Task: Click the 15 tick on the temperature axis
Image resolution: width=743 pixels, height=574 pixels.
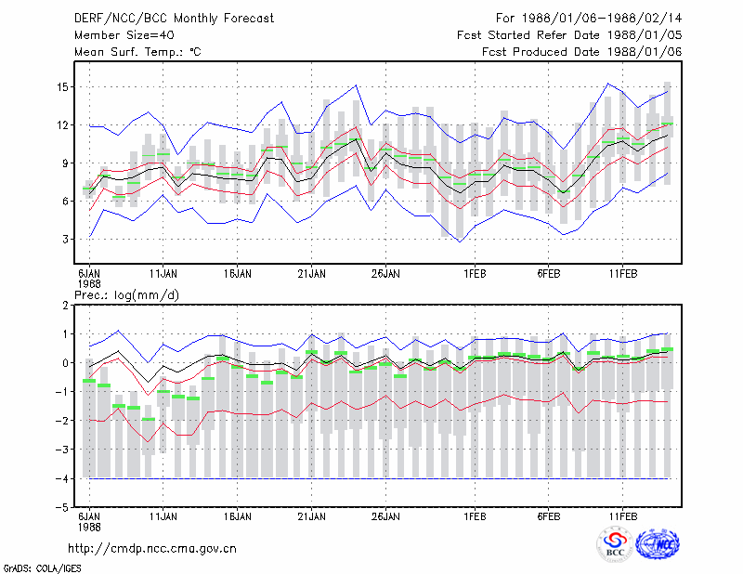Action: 62,87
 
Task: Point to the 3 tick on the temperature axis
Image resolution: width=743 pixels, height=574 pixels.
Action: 65,240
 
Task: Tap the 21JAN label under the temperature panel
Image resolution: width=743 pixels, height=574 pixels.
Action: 311,274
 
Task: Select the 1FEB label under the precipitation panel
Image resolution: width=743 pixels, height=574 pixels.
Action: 475,516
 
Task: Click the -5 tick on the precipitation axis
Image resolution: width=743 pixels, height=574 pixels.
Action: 61,507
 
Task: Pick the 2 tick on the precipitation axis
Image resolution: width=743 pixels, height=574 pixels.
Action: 65,306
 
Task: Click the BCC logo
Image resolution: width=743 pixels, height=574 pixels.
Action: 615,545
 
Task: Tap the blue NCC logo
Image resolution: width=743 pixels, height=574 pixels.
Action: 658,544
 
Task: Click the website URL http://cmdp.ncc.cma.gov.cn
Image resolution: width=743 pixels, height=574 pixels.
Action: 152,549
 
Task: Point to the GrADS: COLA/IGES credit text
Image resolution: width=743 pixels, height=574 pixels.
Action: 43,568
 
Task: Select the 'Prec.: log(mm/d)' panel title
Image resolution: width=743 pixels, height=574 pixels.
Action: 126,295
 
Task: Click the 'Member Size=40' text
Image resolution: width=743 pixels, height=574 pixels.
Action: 124,35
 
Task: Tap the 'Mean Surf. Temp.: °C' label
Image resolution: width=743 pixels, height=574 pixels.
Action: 137,52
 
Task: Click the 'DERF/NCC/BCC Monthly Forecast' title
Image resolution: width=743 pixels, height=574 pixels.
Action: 174,19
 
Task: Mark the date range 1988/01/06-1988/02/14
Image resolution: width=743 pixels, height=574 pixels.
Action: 602,19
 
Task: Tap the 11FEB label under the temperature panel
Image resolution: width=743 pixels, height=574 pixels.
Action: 623,274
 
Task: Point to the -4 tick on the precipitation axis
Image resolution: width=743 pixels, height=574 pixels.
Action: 61,478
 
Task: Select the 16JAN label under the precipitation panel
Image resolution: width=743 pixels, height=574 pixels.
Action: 238,516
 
